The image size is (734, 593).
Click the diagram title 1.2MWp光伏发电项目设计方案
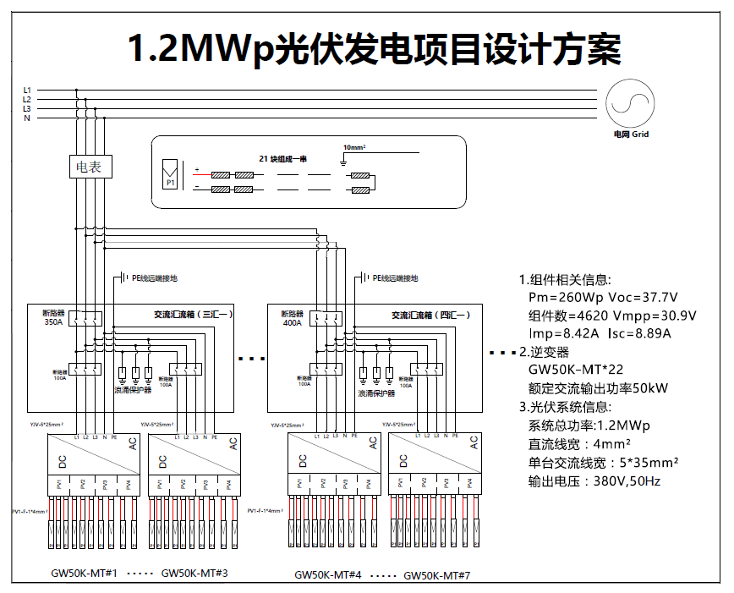(x=373, y=49)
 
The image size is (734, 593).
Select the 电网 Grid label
(x=631, y=135)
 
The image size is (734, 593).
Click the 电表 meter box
(x=90, y=167)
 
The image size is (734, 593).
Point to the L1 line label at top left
(x=27, y=90)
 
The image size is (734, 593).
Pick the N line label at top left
(x=27, y=118)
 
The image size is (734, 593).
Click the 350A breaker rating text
(x=54, y=322)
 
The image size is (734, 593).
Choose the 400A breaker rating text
(x=292, y=322)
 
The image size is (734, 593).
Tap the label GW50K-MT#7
(x=436, y=575)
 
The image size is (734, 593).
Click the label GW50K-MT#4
(x=328, y=574)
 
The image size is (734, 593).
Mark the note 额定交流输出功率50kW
(x=598, y=388)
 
